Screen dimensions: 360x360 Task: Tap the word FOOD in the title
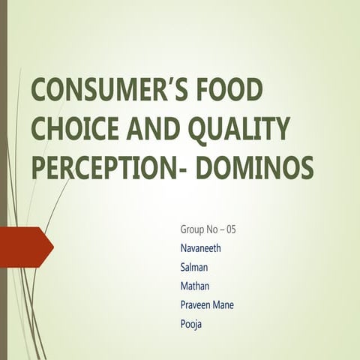[234, 91]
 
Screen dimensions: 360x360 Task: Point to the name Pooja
[191, 325]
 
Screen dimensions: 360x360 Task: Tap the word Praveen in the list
[197, 304]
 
